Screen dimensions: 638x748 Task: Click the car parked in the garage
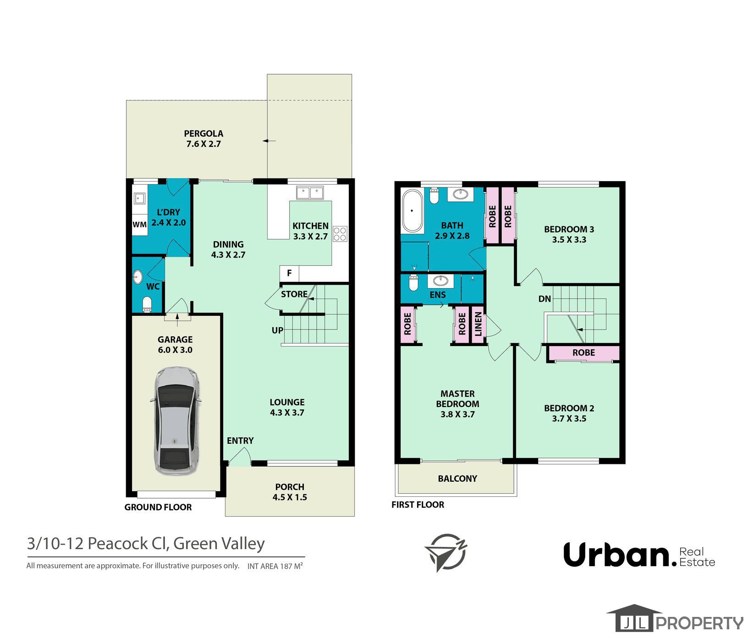click(176, 420)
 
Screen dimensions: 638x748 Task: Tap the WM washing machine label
click(139, 225)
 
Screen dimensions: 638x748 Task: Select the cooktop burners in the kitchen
click(340, 234)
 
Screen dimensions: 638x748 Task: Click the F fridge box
click(289, 273)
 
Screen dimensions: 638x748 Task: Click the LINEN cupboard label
click(478, 324)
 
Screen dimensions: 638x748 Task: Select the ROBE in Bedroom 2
click(583, 352)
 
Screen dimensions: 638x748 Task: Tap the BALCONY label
click(457, 478)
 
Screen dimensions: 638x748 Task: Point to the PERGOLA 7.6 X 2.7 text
click(203, 138)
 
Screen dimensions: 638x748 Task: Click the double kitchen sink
click(310, 192)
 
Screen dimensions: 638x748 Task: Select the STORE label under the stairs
click(294, 294)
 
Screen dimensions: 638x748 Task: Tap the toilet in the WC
click(147, 304)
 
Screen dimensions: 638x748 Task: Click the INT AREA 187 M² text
click(275, 566)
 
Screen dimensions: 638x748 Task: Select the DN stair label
click(544, 299)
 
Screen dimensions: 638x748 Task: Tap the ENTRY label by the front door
click(240, 440)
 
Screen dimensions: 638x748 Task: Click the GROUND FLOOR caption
click(158, 507)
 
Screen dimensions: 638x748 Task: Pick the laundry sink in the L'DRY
click(139, 198)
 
